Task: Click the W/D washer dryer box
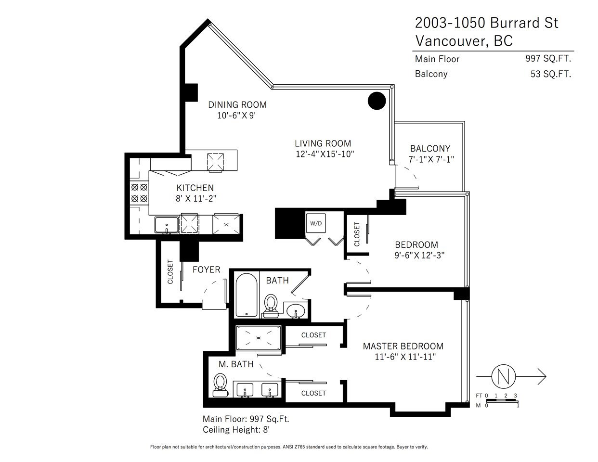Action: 316,223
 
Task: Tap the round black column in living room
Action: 377,101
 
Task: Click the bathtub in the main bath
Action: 247,295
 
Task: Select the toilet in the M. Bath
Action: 221,385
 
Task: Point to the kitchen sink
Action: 167,225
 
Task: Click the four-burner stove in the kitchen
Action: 139,193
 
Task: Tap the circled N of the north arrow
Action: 503,376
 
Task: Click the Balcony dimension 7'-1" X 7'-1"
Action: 431,159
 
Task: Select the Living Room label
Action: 323,143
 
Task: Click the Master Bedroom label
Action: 403,346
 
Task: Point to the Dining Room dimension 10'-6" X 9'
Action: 237,115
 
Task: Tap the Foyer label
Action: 207,269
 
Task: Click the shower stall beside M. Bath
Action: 259,338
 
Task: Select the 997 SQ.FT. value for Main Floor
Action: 548,58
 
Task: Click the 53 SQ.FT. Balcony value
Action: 551,74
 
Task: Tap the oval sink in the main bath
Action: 296,311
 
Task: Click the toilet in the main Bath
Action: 271,306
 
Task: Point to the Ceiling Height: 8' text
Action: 236,430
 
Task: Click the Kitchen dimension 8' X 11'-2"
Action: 196,198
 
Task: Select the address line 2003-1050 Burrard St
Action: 487,23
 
